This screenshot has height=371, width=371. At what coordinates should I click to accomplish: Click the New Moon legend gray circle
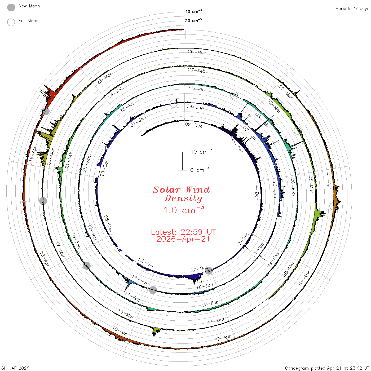(x=11, y=7)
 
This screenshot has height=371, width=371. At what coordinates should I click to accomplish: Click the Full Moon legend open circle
(x=11, y=22)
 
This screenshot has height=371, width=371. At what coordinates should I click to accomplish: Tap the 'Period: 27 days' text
(x=352, y=9)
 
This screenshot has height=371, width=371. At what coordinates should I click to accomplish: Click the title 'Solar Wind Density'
(x=181, y=194)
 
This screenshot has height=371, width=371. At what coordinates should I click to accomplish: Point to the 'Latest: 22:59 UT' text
(x=183, y=232)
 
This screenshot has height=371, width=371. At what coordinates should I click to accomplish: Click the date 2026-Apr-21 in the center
(x=183, y=239)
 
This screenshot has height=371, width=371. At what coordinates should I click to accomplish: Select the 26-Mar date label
(x=197, y=52)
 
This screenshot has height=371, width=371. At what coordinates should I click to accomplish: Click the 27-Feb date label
(x=197, y=70)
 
